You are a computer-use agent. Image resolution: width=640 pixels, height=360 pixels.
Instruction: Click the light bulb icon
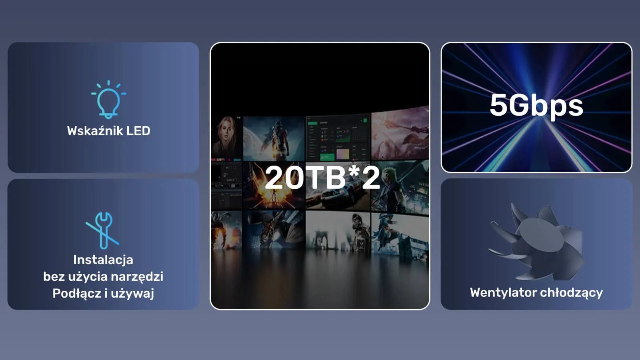click(x=108, y=99)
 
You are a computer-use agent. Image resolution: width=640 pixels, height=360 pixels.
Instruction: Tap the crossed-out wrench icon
click(x=103, y=230)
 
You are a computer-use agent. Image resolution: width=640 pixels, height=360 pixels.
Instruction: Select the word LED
click(x=138, y=131)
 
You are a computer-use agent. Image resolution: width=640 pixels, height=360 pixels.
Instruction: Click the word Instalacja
click(x=103, y=260)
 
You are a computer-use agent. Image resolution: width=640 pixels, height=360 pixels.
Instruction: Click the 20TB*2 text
click(x=322, y=178)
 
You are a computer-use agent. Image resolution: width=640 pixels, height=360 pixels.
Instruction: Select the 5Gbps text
click(x=536, y=106)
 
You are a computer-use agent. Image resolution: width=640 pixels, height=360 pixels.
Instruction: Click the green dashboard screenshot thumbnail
click(x=338, y=138)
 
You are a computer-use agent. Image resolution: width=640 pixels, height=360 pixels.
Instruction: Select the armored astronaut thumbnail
click(x=274, y=138)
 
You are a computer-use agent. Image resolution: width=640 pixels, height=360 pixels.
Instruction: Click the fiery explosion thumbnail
click(x=274, y=185)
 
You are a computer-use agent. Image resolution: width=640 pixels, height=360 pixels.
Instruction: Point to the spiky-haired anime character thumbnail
click(x=400, y=186)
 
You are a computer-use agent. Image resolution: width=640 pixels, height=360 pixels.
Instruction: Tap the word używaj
click(x=132, y=294)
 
